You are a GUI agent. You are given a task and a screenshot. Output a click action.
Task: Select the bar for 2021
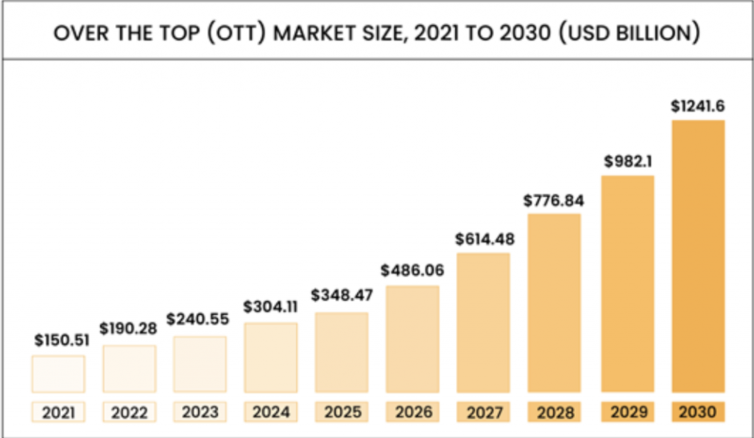point(58,374)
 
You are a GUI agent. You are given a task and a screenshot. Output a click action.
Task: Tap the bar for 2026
point(413,339)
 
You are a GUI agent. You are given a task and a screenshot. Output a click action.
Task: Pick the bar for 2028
point(555,302)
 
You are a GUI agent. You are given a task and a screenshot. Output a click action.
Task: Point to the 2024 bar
point(271,358)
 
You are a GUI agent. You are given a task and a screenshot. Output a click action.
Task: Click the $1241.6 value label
point(698,106)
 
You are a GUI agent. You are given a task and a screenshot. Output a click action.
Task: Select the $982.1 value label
point(627,160)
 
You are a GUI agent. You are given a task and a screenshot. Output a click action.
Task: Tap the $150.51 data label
point(60,341)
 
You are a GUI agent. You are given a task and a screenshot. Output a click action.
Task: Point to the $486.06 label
point(412,270)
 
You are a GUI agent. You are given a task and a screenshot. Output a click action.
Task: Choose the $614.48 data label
point(485,238)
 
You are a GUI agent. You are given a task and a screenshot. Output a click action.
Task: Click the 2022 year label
point(130,412)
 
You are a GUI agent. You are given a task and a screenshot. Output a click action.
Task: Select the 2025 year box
point(342,412)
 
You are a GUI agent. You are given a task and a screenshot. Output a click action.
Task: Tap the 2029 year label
point(627,412)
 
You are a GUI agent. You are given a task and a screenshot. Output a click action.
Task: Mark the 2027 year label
point(485,412)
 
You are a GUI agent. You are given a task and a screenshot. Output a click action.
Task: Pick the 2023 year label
point(200,412)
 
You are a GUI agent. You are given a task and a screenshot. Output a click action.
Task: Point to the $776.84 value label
point(554,200)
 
